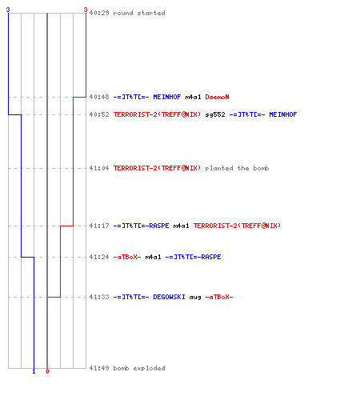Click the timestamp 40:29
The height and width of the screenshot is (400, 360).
click(x=99, y=13)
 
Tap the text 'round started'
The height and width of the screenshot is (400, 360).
click(x=139, y=13)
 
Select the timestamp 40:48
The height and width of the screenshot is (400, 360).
click(x=99, y=97)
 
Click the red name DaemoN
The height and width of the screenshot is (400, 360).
click(x=217, y=97)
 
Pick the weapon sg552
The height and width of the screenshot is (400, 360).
click(x=215, y=114)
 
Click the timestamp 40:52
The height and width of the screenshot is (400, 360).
click(x=99, y=114)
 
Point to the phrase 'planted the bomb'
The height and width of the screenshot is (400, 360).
click(x=237, y=168)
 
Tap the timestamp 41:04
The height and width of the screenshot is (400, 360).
click(x=99, y=168)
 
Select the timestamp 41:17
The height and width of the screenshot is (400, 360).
click(x=99, y=226)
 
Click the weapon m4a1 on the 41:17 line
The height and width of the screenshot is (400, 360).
click(x=181, y=226)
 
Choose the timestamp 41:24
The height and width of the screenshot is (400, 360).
click(x=99, y=257)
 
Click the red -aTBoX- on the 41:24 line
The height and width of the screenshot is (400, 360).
click(x=127, y=257)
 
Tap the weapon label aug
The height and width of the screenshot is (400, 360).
click(x=195, y=298)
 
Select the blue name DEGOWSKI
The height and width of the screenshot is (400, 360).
click(x=169, y=297)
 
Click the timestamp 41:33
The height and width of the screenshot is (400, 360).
click(x=99, y=297)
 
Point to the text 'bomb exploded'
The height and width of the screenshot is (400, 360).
click(x=139, y=368)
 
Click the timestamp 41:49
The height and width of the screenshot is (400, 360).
click(x=99, y=368)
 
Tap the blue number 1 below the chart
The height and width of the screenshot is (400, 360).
click(x=34, y=372)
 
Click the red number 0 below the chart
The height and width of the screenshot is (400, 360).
click(x=47, y=371)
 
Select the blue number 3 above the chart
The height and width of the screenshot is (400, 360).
click(x=8, y=10)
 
